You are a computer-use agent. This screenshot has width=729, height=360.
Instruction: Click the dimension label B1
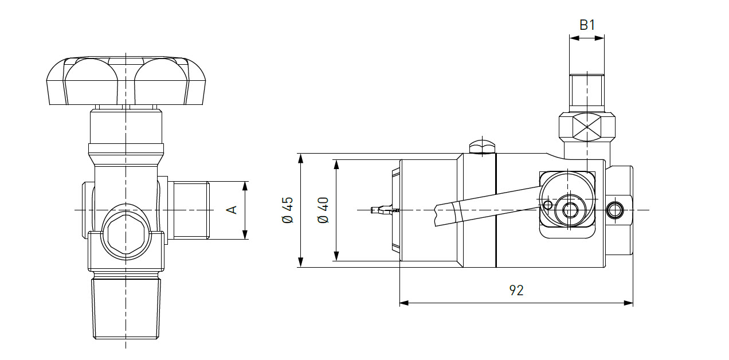[587, 25]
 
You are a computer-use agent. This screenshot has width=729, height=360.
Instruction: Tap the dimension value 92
[516, 290]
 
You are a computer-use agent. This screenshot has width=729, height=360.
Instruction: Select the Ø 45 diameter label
[287, 210]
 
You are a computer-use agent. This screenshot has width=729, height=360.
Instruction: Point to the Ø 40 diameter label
[323, 210]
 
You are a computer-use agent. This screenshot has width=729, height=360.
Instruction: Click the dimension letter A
[232, 210]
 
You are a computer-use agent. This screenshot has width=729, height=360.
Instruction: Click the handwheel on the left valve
[126, 81]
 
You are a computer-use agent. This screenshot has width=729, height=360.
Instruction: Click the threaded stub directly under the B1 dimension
[586, 92]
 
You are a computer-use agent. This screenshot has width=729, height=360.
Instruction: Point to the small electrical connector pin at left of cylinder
[381, 210]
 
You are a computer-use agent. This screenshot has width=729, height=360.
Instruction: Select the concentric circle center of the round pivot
[570, 210]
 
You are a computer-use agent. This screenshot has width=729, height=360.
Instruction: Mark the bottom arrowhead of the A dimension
[245, 234]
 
